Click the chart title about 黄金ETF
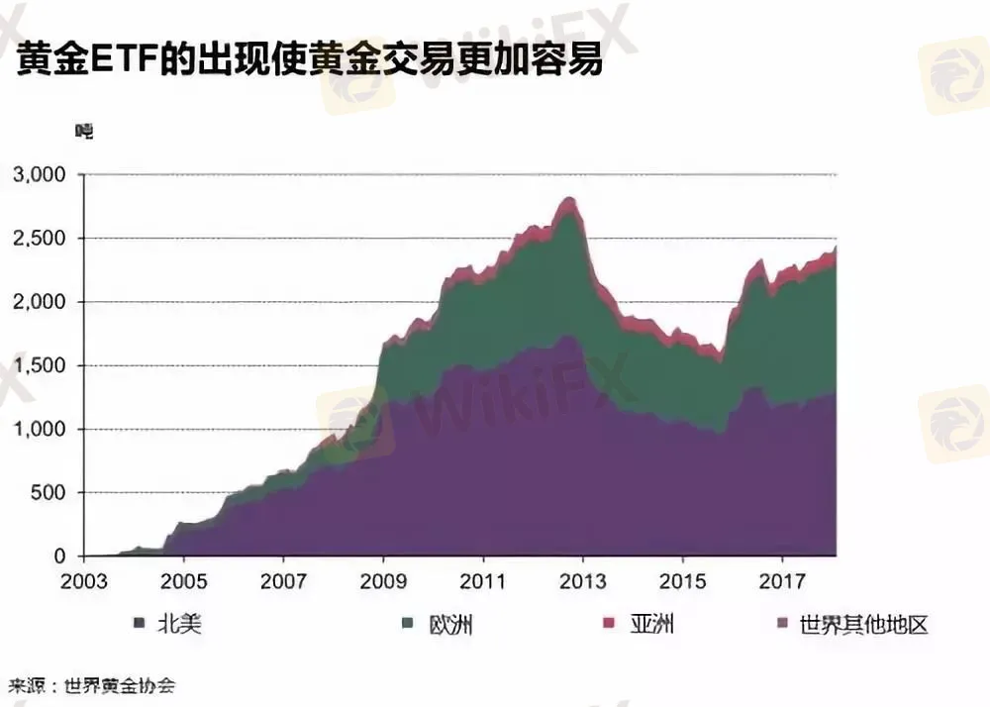point(308,60)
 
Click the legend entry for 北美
point(172,624)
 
